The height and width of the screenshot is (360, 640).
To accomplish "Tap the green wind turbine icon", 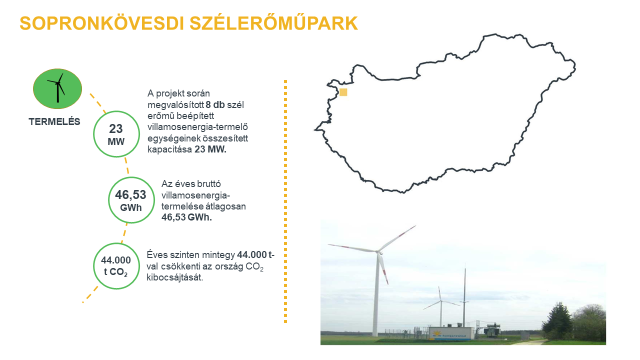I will [x=57, y=89].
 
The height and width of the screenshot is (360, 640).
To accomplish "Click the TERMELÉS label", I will [x=57, y=124].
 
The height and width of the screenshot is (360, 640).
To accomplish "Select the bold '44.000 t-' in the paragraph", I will [x=261, y=256].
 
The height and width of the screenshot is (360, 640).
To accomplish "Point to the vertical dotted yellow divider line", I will [x=287, y=200].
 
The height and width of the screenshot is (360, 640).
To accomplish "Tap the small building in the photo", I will [x=450, y=330].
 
